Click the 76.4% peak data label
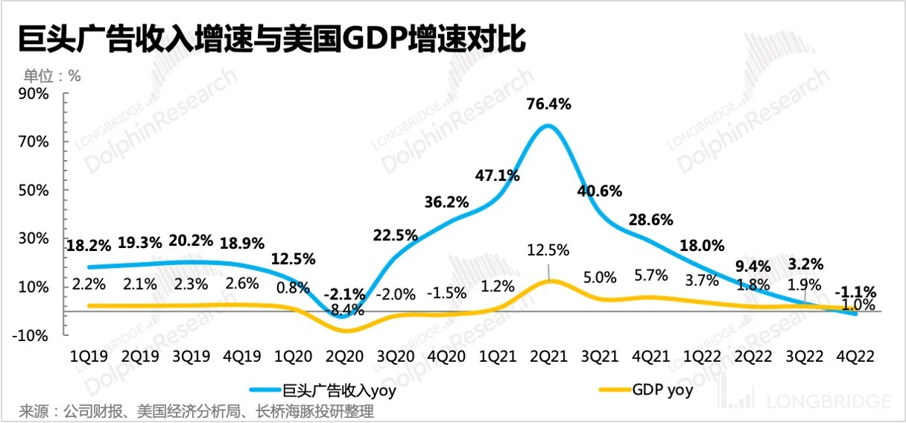point(548,104)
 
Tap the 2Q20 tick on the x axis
point(346,357)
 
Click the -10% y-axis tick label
point(32,336)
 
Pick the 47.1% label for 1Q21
point(497,176)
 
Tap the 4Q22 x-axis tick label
point(855,357)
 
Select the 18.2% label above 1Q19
point(89,244)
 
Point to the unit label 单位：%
point(52,74)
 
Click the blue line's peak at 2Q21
point(548,125)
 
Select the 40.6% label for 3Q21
point(599,190)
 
